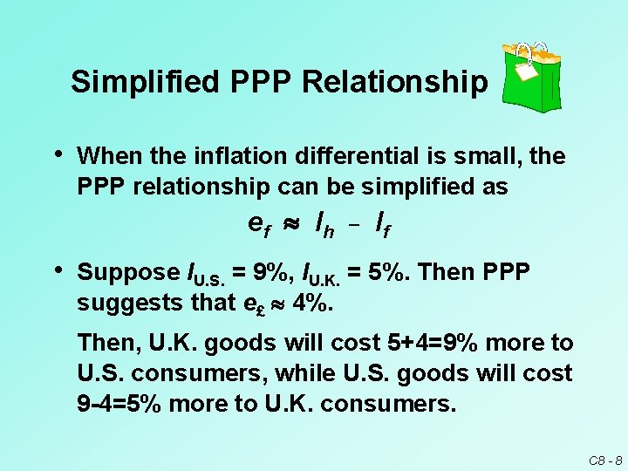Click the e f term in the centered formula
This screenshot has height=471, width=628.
259,225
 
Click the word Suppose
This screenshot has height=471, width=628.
128,272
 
